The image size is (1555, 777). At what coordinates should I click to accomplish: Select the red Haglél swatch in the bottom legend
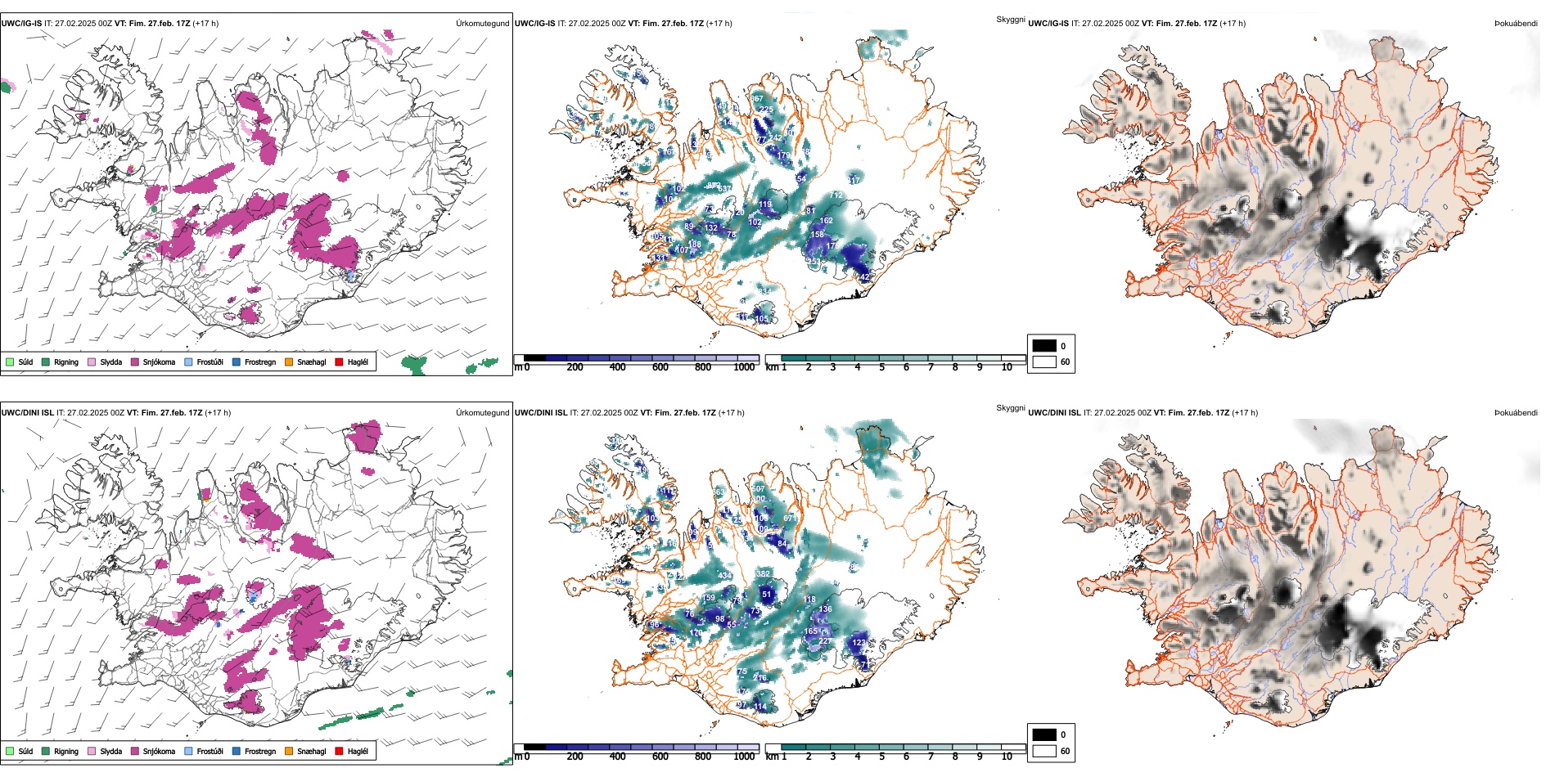click(x=339, y=751)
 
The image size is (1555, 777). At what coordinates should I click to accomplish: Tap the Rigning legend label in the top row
click(x=66, y=362)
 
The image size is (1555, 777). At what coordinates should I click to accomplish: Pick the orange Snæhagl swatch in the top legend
click(x=289, y=362)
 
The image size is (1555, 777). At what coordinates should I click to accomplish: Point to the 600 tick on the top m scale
click(x=660, y=367)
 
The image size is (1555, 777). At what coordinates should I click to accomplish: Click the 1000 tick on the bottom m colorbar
click(x=744, y=757)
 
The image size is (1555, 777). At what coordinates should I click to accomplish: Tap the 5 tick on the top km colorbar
click(x=881, y=367)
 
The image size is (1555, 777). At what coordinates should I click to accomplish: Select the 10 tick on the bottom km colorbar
click(x=1007, y=757)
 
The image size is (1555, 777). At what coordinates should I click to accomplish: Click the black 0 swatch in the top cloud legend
click(x=1044, y=346)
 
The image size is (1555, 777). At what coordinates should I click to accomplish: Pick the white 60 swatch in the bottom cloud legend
click(x=1044, y=751)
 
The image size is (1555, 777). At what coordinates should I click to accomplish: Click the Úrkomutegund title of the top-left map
click(x=482, y=24)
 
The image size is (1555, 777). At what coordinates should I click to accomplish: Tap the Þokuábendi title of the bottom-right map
click(x=1516, y=413)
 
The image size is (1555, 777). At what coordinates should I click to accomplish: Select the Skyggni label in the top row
click(x=1010, y=19)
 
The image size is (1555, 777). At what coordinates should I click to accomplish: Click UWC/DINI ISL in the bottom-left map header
click(x=27, y=413)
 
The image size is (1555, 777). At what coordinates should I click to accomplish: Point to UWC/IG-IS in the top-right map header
click(x=1048, y=24)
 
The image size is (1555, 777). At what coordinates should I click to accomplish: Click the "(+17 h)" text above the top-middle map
click(x=719, y=24)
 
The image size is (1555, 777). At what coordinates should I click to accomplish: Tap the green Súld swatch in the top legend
click(x=10, y=362)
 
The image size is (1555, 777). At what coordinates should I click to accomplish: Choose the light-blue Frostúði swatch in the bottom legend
click(x=189, y=751)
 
